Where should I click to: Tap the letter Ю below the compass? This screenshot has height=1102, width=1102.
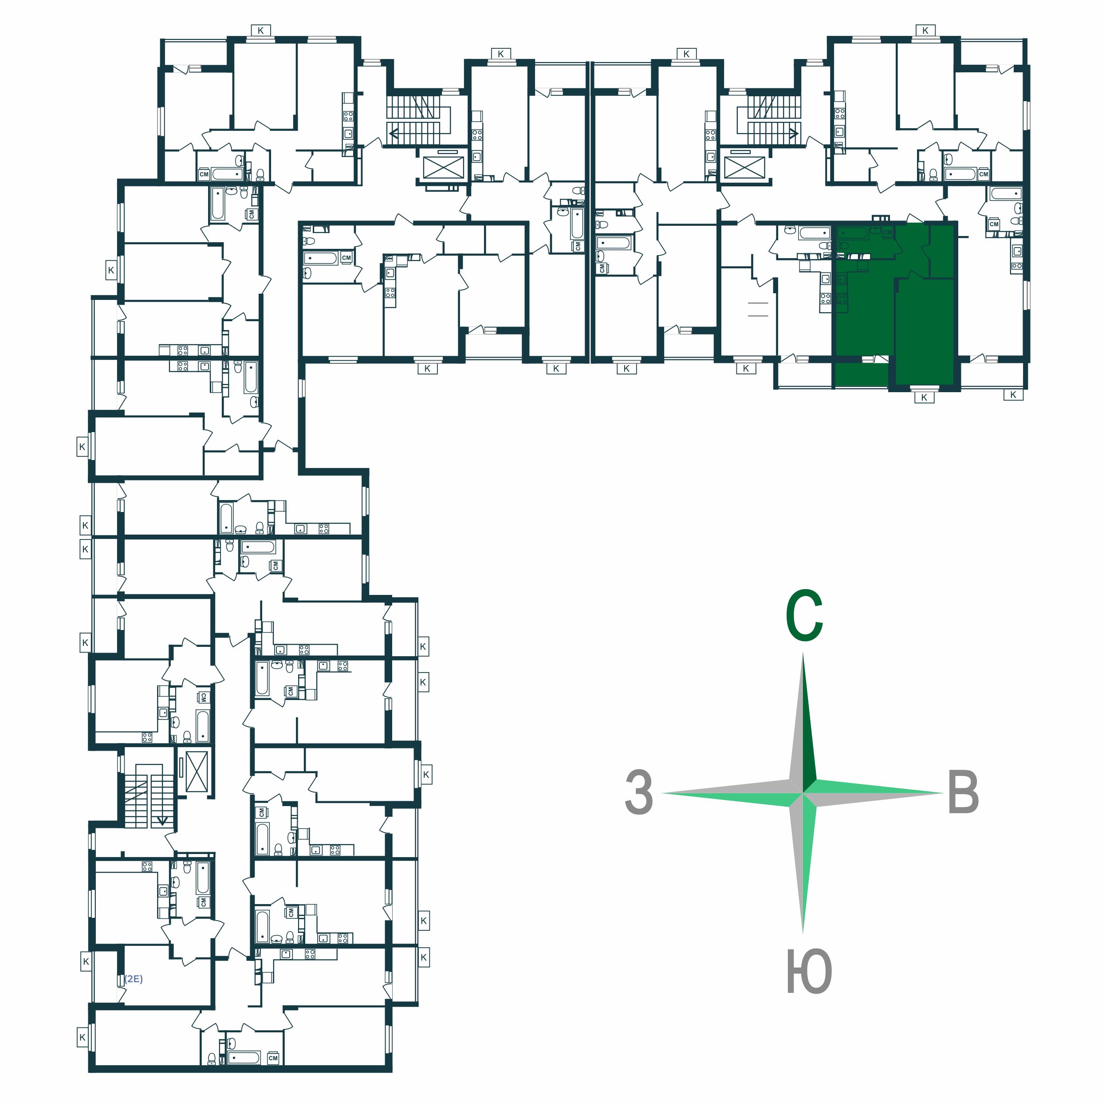click(809, 972)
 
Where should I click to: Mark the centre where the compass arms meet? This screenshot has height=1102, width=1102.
click(803, 793)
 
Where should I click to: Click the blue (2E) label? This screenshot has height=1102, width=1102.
click(134, 979)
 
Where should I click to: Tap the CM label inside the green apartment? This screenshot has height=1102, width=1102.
click(887, 233)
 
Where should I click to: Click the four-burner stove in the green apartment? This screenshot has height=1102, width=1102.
click(841, 298)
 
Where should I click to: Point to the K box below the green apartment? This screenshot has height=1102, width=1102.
click(924, 398)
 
